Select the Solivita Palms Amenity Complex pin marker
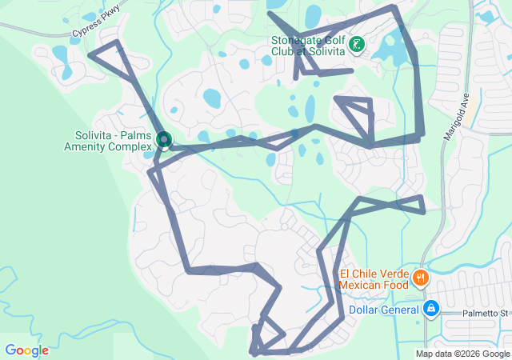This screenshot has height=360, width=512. [163, 141]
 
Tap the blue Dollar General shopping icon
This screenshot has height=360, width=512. [430, 308]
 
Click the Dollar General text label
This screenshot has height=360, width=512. [384, 310]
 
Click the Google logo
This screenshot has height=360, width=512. [26, 350]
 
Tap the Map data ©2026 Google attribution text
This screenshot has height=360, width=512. [462, 354]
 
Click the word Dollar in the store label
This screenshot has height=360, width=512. [364, 310]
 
